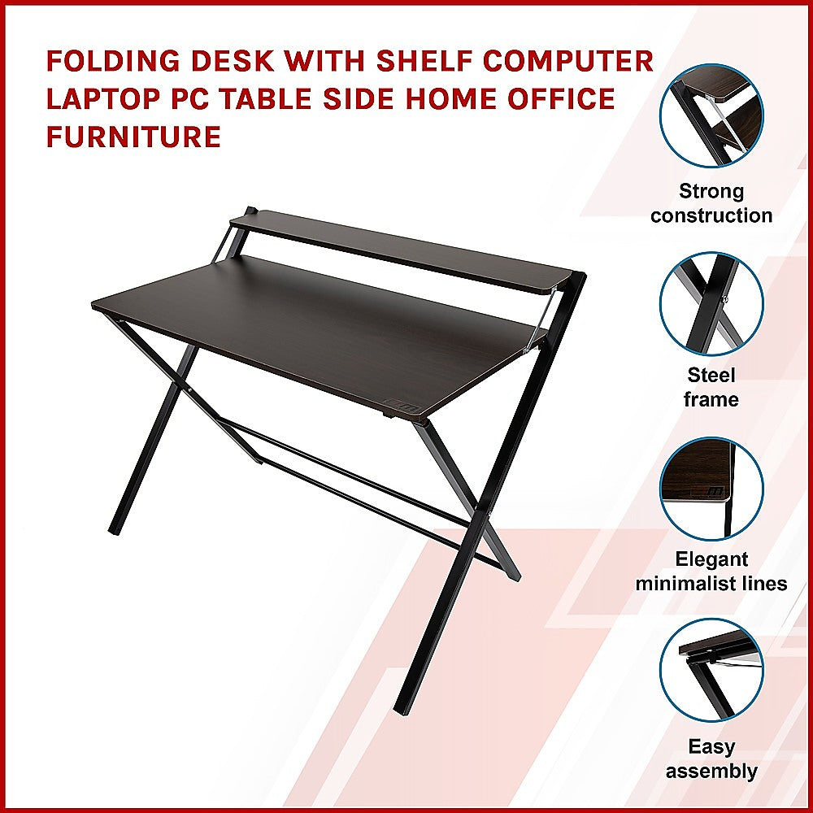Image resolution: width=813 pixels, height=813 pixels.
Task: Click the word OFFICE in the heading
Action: (x=556, y=100)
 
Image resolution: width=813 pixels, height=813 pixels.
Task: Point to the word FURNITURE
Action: (x=133, y=137)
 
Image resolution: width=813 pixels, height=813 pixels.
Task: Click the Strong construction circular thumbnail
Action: (x=711, y=115)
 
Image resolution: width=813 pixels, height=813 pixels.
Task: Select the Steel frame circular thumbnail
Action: (x=711, y=303)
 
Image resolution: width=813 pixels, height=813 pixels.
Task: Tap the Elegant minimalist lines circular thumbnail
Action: (x=711, y=489)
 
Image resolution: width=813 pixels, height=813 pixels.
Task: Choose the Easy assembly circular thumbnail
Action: (x=711, y=672)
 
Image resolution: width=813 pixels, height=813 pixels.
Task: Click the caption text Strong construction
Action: (x=711, y=203)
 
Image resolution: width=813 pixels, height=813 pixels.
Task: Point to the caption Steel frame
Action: (x=711, y=387)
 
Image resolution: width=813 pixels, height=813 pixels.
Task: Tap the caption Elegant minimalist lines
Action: (x=711, y=572)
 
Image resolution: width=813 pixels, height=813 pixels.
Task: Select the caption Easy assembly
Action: (x=711, y=759)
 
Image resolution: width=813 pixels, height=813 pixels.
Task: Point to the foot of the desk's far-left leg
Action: (x=115, y=529)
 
